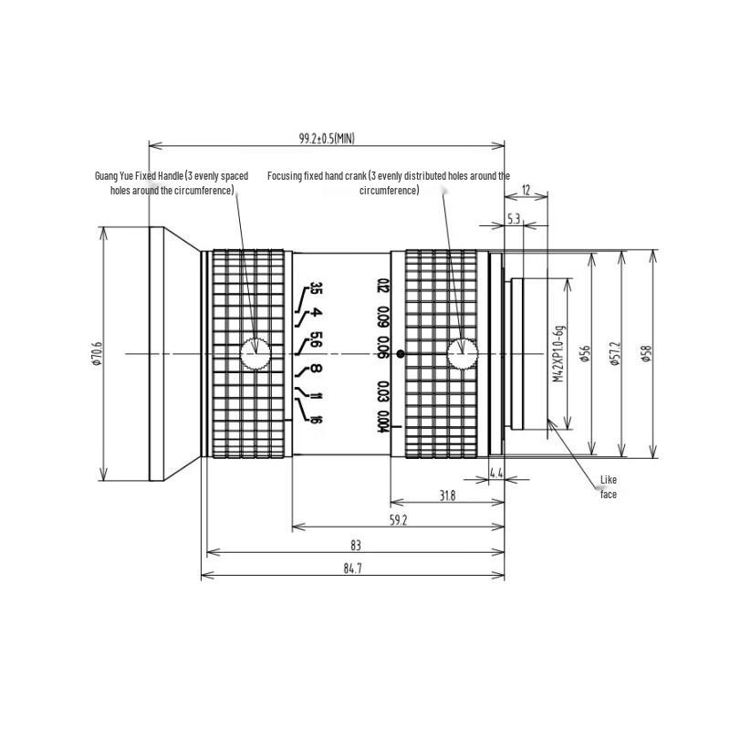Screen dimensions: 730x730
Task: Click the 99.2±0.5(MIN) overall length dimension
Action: coord(327,138)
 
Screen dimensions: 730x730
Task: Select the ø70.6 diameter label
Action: coord(97,354)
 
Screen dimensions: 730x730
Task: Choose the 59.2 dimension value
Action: coord(397,521)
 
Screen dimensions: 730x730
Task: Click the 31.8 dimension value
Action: coord(447,495)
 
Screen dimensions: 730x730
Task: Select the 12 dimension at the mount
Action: coord(526,190)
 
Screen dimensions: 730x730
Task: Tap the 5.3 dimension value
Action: coord(513,219)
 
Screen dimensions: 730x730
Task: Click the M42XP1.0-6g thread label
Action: coord(558,353)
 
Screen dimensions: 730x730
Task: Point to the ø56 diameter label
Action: coord(585,354)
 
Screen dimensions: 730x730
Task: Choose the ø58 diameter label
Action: coord(646,354)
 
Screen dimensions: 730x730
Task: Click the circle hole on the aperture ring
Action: coord(255,353)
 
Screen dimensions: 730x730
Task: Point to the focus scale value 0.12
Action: coord(384,288)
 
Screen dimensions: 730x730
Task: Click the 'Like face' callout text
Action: coord(609,486)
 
